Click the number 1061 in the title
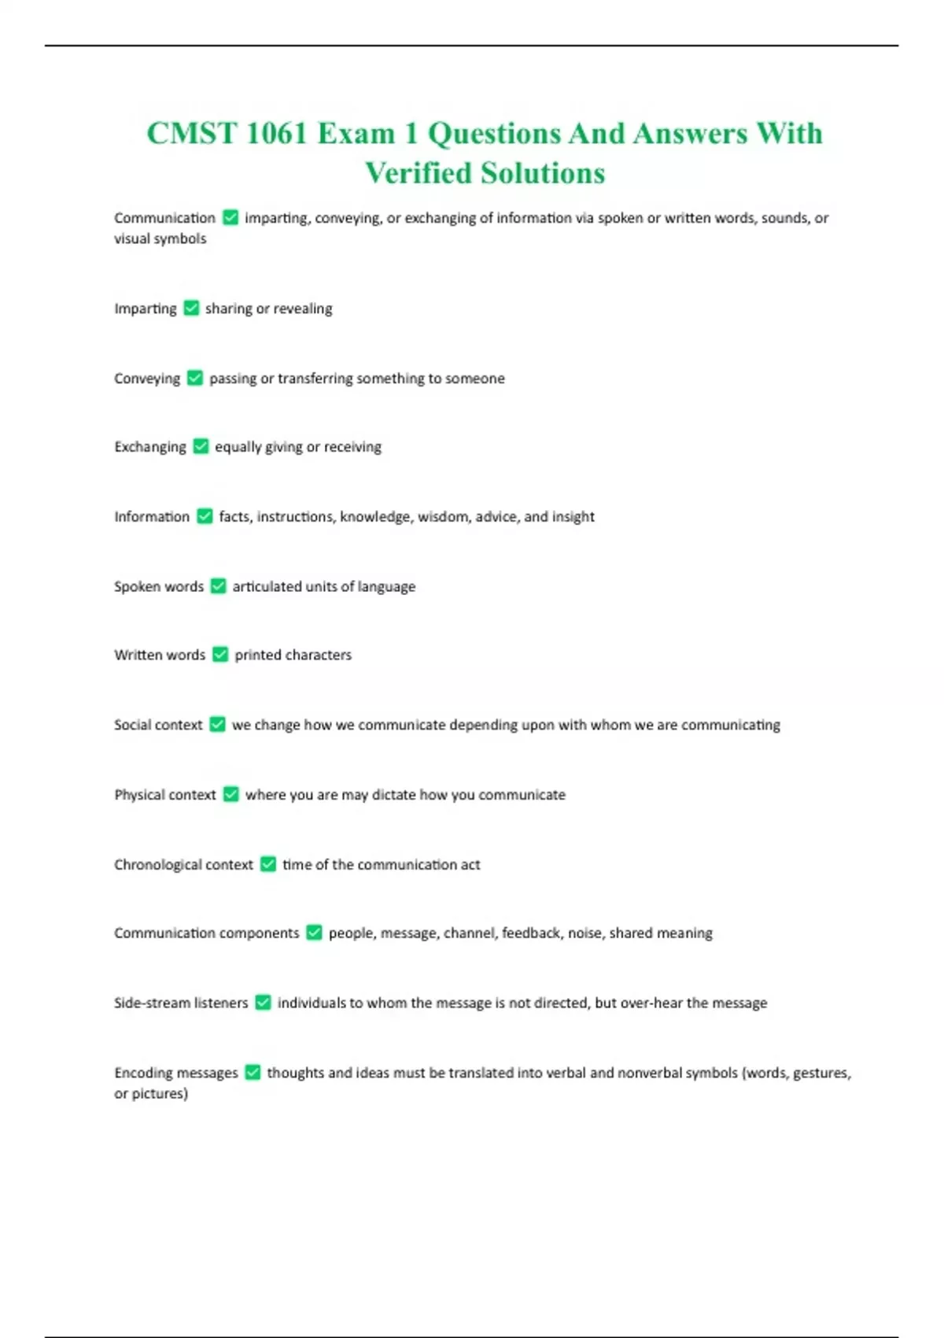pyautogui.click(x=276, y=134)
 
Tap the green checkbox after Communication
pyautogui.click(x=230, y=217)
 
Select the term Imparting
pyautogui.click(x=146, y=309)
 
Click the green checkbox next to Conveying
pyautogui.click(x=195, y=378)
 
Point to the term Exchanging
pyautogui.click(x=150, y=447)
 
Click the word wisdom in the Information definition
pyautogui.click(x=442, y=516)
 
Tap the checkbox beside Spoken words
pyautogui.click(x=219, y=586)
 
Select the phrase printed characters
pyautogui.click(x=293, y=655)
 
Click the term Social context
pyautogui.click(x=158, y=725)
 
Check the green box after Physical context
pyautogui.click(x=230, y=794)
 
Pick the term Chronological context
pyautogui.click(x=183, y=864)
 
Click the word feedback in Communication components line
pyautogui.click(x=531, y=933)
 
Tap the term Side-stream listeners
pyautogui.click(x=181, y=1003)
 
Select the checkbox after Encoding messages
pyautogui.click(x=253, y=1072)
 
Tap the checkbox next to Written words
pyautogui.click(x=220, y=655)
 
